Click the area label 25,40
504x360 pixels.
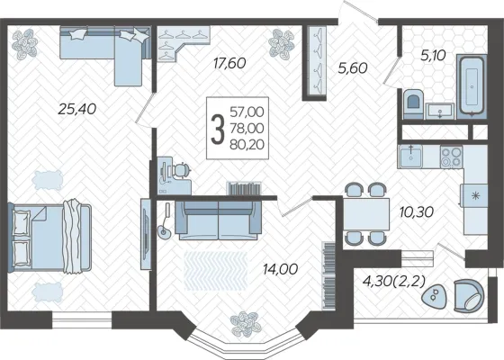pos(77,109)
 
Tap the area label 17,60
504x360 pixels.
pos(229,63)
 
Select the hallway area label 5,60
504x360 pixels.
pos(353,67)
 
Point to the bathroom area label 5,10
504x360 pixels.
pos(433,56)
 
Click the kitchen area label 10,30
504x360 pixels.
pos(417,211)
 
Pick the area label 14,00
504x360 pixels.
pos(280,269)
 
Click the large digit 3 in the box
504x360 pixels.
pos(218,130)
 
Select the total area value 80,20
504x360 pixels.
pos(247,145)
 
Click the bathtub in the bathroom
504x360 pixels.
pos(472,85)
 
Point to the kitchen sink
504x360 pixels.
pos(409,157)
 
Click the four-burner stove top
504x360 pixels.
pos(451,157)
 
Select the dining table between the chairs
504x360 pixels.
pos(366,214)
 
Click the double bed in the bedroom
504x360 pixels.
pos(49,237)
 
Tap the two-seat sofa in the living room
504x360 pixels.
pos(218,220)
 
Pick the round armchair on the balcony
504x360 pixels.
pos(469,295)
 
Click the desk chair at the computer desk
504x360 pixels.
pos(182,171)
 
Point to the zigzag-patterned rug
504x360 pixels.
pos(216,270)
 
